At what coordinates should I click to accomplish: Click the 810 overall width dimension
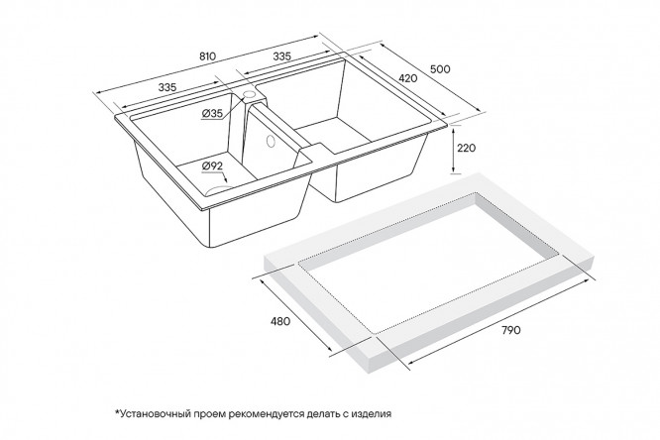coord(207,56)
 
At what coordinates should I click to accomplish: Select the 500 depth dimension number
coord(441,69)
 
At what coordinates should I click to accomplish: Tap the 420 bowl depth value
coord(408,78)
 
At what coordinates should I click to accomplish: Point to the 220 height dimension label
coord(467,148)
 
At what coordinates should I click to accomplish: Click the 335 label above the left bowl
coord(167,87)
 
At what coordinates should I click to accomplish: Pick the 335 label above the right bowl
coord(282,56)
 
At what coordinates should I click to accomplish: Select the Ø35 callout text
coord(212,113)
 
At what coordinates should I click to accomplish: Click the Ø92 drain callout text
coord(212,165)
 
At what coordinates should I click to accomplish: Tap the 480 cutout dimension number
coord(280,321)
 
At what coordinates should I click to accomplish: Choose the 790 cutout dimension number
coord(511,330)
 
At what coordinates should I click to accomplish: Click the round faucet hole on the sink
coord(250,94)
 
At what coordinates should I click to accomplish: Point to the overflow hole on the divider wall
coord(271,142)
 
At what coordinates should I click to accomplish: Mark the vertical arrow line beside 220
coord(453,150)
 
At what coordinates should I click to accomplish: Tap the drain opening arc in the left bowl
coord(219,189)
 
